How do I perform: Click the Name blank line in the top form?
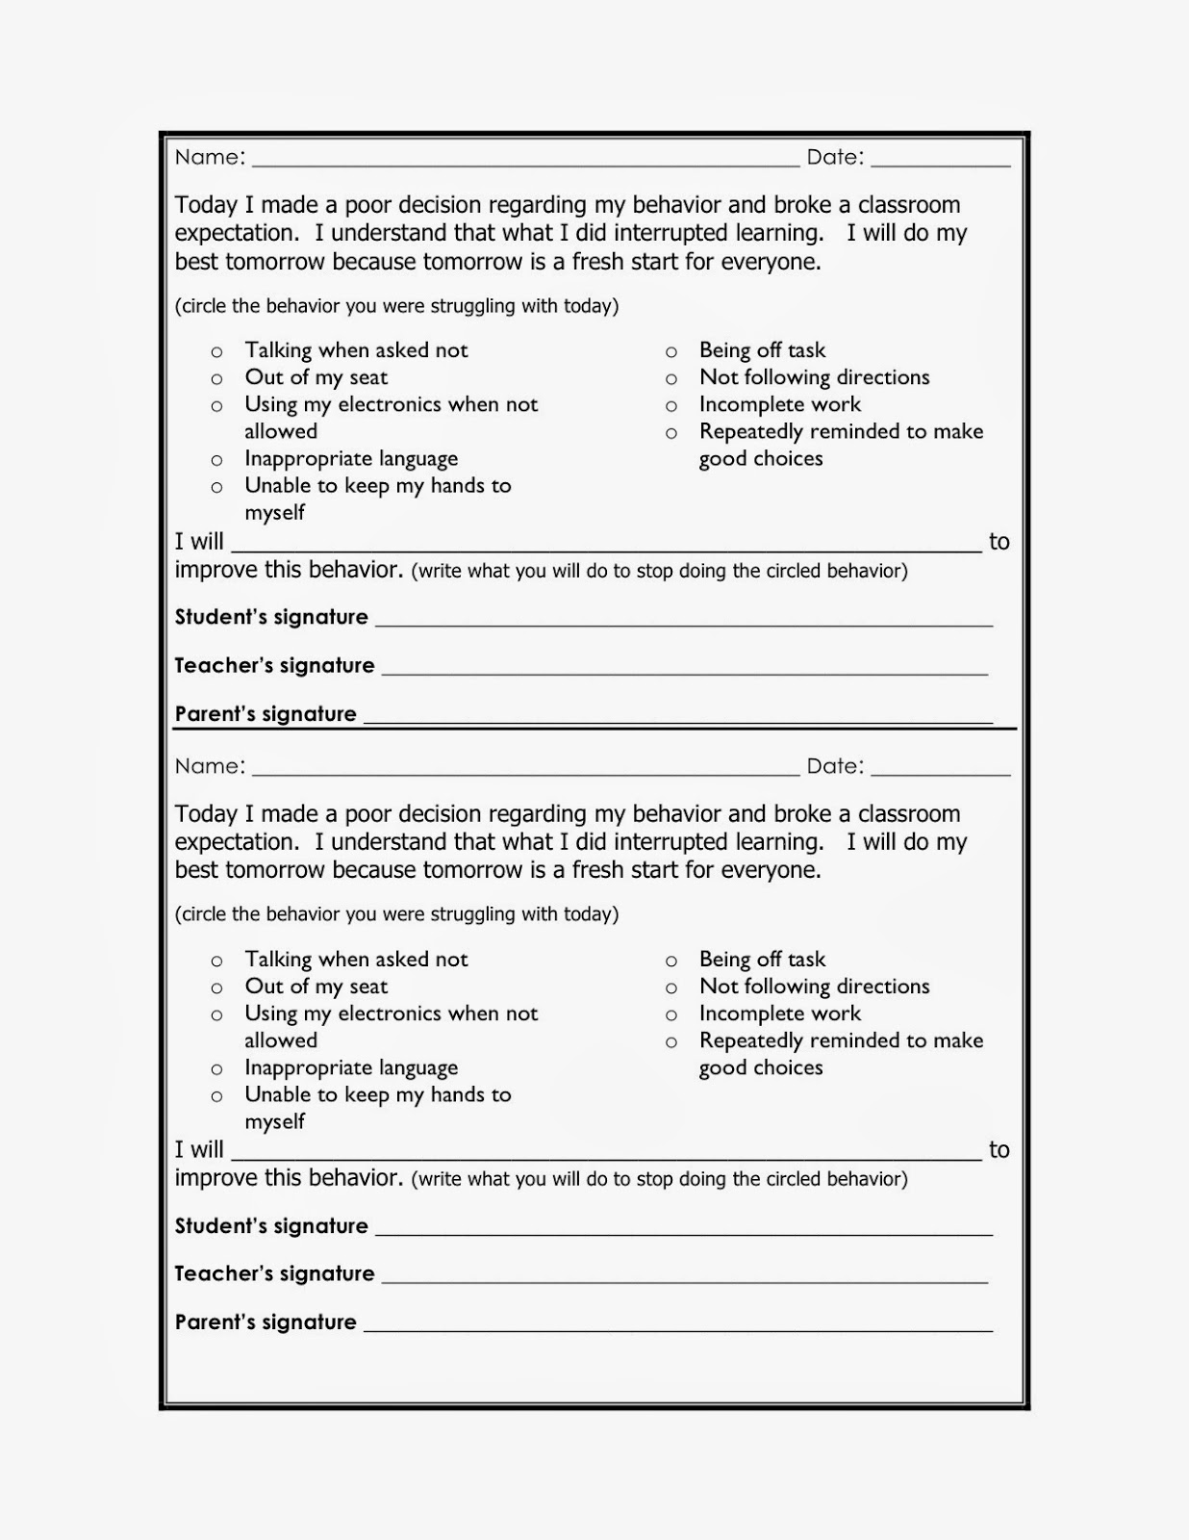525,165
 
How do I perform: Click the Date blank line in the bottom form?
940,774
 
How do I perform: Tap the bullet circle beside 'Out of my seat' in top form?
217,379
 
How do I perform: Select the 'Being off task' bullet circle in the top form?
671,352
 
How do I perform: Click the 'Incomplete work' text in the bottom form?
779,1014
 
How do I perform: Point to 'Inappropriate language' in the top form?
351,459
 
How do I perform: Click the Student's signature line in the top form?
683,625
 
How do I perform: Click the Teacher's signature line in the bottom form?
684,1281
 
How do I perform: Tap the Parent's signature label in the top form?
266,714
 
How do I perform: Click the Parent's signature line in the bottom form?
677,1329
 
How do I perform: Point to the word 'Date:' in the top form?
835,157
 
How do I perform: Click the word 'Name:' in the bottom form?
210,766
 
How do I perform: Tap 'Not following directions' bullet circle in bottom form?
671,988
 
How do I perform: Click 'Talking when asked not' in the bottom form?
356,960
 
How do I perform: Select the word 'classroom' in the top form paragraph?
908,205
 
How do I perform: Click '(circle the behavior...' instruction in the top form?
396,306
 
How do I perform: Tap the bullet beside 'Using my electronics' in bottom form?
217,1015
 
